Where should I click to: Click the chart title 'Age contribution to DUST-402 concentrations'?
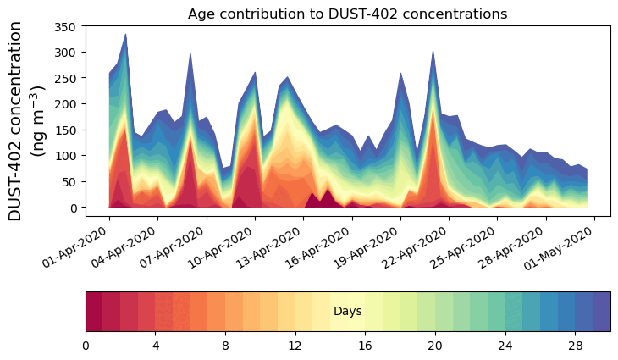pos(347,14)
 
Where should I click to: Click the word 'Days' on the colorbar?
pos(348,312)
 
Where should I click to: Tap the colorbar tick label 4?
pos(156,346)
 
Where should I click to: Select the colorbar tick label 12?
pos(295,346)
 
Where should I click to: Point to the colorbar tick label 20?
pos(435,346)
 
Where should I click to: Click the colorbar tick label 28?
pos(575,346)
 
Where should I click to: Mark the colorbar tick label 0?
pos(86,346)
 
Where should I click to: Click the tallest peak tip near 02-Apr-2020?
pos(125,35)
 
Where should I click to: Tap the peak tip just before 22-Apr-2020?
pos(433,51)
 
